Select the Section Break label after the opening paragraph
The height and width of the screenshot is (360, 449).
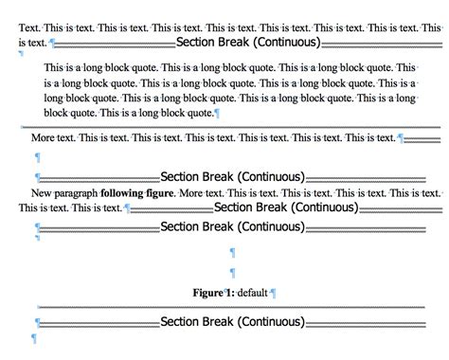pyautogui.click(x=248, y=43)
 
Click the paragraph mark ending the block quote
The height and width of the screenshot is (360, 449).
pyautogui.click(x=218, y=114)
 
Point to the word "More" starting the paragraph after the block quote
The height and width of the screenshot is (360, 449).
pyautogui.click(x=45, y=138)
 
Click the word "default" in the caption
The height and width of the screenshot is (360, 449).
pyautogui.click(x=253, y=293)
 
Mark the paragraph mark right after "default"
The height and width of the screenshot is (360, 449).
pyautogui.click(x=274, y=293)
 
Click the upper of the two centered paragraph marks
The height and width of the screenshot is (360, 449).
pyautogui.click(x=233, y=253)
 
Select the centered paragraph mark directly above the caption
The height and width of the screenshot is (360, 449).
pyautogui.click(x=233, y=274)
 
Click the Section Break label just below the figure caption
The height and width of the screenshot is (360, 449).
pyautogui.click(x=233, y=322)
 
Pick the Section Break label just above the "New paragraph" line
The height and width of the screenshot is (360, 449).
pyautogui.click(x=233, y=176)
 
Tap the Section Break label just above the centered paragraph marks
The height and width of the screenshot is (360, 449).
pyautogui.click(x=233, y=227)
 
